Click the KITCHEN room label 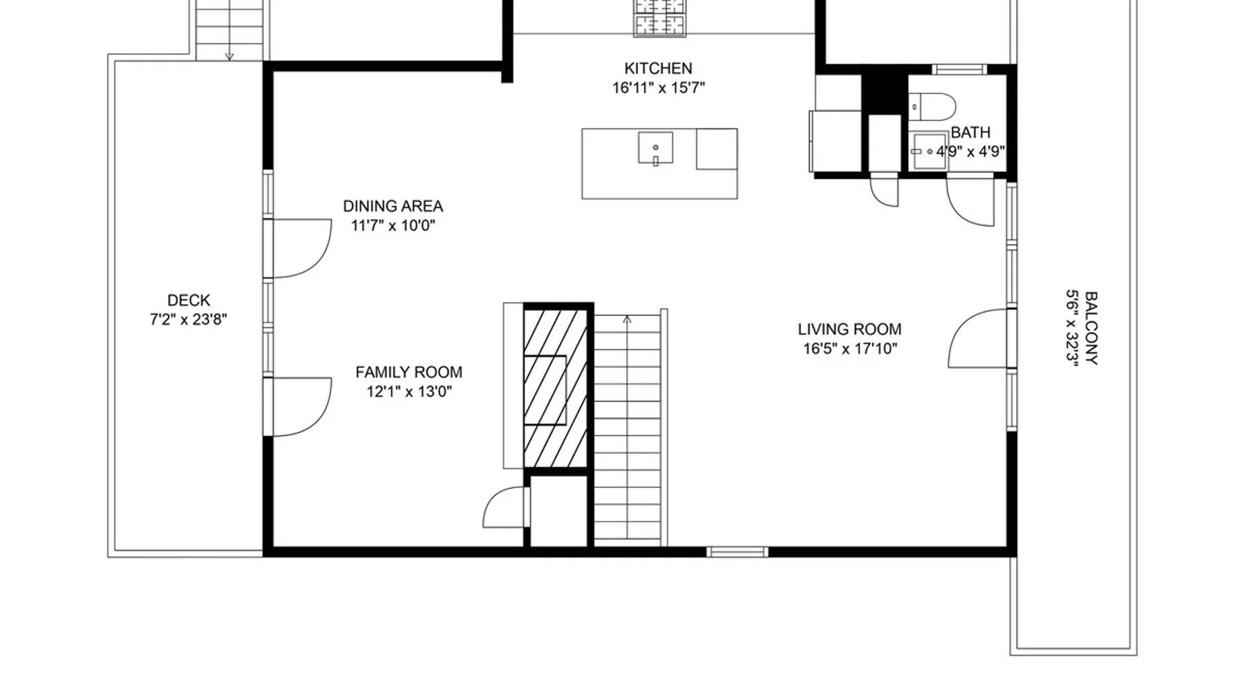pyautogui.click(x=658, y=68)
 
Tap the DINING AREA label pyautogui.click(x=393, y=206)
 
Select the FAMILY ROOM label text pyautogui.click(x=408, y=372)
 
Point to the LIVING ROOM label pyautogui.click(x=849, y=330)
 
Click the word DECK pyautogui.click(x=189, y=301)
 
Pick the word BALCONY pyautogui.click(x=1091, y=328)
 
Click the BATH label pyautogui.click(x=970, y=132)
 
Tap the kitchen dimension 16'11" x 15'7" pyautogui.click(x=658, y=88)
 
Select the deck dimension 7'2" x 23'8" pyautogui.click(x=189, y=319)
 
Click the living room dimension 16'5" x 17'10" pyautogui.click(x=849, y=348)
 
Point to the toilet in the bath pyautogui.click(x=932, y=107)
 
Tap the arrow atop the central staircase pyautogui.click(x=627, y=319)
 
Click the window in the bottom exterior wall pyautogui.click(x=737, y=551)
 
